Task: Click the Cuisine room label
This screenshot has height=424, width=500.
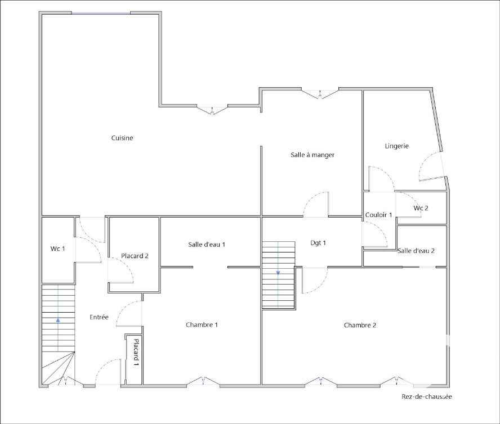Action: (x=122, y=138)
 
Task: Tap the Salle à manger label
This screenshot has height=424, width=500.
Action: (x=312, y=155)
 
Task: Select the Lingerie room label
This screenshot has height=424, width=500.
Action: (x=397, y=146)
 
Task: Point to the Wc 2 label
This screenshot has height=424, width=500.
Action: (x=421, y=208)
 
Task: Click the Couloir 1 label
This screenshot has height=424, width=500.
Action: (x=378, y=215)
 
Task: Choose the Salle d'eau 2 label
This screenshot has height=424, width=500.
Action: (x=416, y=251)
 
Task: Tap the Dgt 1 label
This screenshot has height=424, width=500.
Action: (x=318, y=243)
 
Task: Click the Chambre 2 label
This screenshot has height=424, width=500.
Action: (x=360, y=325)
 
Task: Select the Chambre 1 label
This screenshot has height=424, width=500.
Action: (x=202, y=325)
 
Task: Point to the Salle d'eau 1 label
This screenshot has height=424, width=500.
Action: (x=207, y=245)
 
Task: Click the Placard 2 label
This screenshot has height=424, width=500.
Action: (x=135, y=256)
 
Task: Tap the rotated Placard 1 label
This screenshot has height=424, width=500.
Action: (x=136, y=353)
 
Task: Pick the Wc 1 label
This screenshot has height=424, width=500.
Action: (x=58, y=249)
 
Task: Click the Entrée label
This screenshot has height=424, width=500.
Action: (x=99, y=317)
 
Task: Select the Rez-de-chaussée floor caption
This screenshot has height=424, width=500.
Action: (x=427, y=396)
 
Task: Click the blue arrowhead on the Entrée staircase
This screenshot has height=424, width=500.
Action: (x=58, y=320)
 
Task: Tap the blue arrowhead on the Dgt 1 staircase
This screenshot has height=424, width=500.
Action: (x=278, y=273)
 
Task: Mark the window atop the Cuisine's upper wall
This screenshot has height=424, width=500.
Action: (x=101, y=13)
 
